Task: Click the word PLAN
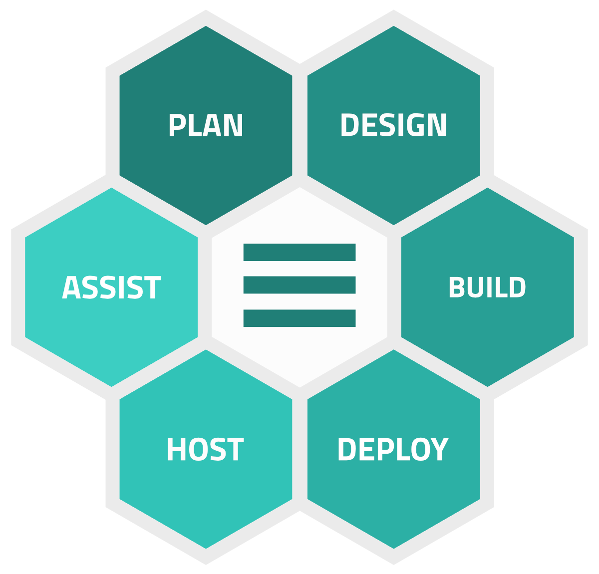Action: [x=206, y=125]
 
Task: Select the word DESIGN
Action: [x=393, y=125]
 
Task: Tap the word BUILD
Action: [x=487, y=287]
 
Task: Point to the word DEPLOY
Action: [x=393, y=449]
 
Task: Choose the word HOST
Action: [x=205, y=449]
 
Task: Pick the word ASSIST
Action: [x=111, y=288]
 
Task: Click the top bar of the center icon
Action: [x=299, y=252]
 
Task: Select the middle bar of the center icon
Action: [x=299, y=285]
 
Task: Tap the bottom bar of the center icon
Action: [x=299, y=318]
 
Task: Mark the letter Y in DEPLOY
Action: [x=438, y=449]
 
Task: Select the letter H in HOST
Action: [x=176, y=449]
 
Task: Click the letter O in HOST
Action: [x=197, y=449]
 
